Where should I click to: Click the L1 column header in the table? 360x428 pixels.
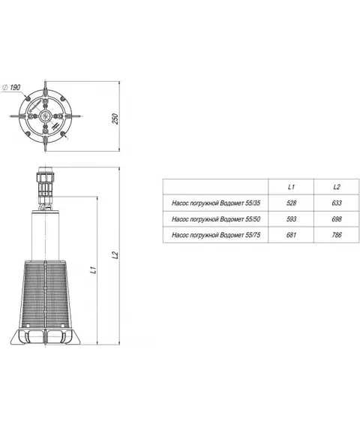tap(291, 187)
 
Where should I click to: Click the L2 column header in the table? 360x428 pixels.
tap(337, 187)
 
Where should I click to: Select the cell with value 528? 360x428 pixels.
tap(291, 203)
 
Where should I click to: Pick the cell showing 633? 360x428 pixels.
tap(337, 203)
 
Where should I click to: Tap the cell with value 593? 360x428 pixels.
tap(291, 219)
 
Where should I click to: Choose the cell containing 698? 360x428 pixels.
tap(337, 219)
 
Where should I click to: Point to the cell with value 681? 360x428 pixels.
tap(291, 235)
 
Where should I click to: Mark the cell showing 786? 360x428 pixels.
tap(337, 235)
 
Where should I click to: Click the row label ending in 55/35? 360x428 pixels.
tap(216, 203)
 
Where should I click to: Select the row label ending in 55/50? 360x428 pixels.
tap(216, 219)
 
